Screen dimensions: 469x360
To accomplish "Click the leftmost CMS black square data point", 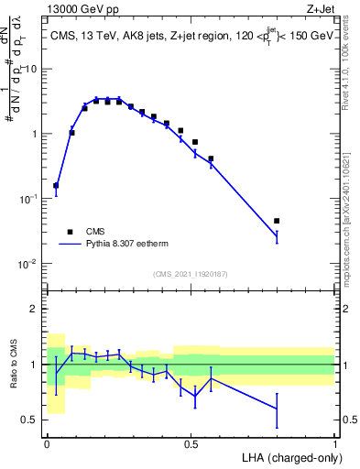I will (56, 185).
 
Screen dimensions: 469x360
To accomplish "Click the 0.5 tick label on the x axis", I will (191, 443).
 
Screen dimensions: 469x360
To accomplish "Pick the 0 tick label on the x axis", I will (47, 443).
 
